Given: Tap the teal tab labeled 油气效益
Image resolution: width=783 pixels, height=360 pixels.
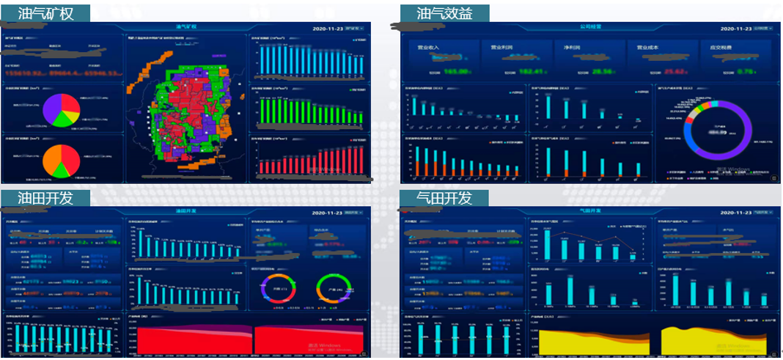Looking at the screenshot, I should [x=444, y=13].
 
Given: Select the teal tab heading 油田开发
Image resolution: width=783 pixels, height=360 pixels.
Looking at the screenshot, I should [x=45, y=198].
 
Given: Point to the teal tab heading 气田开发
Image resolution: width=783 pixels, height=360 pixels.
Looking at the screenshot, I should [x=444, y=198].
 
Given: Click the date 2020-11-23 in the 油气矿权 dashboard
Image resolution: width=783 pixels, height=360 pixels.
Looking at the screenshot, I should [x=328, y=28].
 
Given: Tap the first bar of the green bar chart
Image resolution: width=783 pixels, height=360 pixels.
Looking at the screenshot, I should [x=262, y=111].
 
